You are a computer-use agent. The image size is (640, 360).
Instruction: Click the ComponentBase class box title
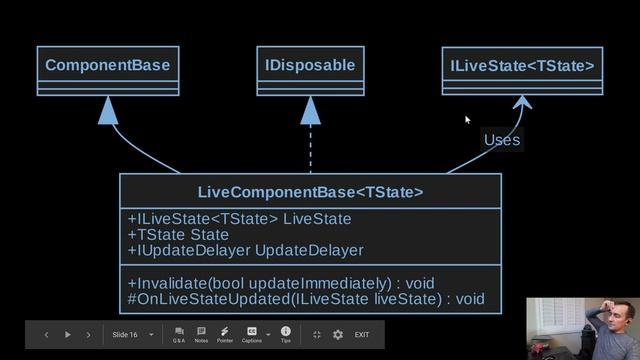(x=107, y=66)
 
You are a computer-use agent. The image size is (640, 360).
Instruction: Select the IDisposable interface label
(x=310, y=66)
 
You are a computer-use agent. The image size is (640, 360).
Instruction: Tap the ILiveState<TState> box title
(x=522, y=67)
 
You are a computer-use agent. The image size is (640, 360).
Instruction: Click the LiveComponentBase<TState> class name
(x=310, y=191)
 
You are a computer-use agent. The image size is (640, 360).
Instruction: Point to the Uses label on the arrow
(x=501, y=140)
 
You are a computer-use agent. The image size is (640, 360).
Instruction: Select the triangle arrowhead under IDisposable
(x=310, y=110)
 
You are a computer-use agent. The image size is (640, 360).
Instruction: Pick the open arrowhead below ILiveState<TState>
(x=521, y=102)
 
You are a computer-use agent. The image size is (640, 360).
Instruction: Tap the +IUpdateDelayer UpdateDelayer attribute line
(x=245, y=250)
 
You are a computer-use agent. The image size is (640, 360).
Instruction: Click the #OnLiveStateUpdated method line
(x=306, y=298)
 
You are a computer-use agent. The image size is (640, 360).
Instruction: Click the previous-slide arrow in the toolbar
(x=46, y=334)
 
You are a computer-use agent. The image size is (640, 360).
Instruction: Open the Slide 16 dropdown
(x=133, y=334)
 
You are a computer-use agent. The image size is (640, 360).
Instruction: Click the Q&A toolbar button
(x=179, y=334)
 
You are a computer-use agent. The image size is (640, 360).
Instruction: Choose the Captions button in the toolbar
(x=252, y=334)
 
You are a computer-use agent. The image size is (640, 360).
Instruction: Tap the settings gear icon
(x=337, y=334)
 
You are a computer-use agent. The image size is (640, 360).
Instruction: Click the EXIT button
(x=362, y=334)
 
